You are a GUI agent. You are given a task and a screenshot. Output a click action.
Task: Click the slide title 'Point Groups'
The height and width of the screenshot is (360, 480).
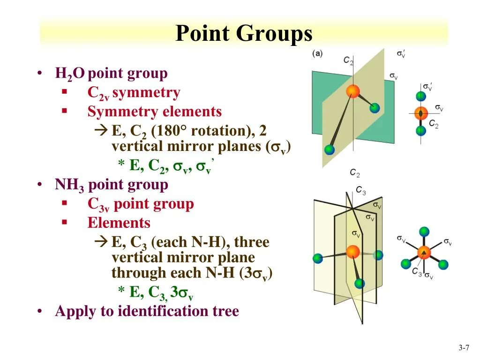pos(244,34)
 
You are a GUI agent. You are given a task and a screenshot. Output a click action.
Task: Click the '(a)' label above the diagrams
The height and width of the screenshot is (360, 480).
pos(317,53)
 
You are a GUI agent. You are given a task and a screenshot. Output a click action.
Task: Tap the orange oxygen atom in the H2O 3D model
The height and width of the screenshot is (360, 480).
pos(353,91)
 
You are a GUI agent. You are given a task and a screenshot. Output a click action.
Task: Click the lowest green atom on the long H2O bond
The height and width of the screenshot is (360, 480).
pos(330,150)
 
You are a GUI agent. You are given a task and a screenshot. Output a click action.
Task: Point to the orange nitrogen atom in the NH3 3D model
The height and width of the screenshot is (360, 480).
pos(352,251)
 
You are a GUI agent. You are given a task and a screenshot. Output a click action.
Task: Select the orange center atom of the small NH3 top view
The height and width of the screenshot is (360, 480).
pos(424,252)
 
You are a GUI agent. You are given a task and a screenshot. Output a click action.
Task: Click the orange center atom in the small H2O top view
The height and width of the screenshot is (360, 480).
pos(421,113)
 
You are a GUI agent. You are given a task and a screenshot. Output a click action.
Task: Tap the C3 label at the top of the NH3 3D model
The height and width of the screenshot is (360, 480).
pos(360,190)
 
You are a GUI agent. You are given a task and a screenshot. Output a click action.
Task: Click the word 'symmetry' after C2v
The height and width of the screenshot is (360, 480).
pos(146,93)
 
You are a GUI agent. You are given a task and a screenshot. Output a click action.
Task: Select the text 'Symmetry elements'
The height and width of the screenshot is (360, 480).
pos(154,112)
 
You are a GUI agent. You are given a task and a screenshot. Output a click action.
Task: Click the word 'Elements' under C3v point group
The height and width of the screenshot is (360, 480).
pos(119,223)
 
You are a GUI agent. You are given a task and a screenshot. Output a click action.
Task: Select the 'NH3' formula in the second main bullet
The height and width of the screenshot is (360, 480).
pos(69,185)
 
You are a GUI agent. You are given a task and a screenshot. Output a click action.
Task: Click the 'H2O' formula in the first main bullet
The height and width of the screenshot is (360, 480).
pos(70,74)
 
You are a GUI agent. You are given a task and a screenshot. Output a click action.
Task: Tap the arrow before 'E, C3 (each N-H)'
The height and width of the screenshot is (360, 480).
pos(100,242)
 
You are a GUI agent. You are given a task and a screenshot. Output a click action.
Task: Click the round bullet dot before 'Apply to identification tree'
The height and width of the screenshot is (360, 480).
pos(42,312)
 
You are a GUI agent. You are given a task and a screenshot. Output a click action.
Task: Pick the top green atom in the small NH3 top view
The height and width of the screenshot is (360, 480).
pos(424,231)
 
